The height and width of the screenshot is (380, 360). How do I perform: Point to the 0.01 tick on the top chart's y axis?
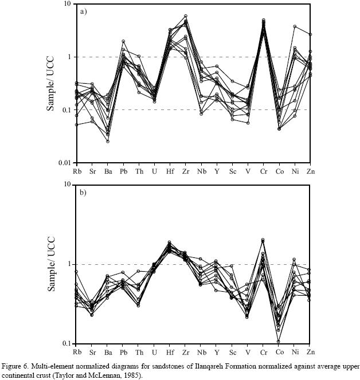(63, 163)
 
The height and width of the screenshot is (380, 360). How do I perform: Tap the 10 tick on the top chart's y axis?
(66, 4)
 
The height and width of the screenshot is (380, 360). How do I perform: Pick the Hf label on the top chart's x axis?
(170, 171)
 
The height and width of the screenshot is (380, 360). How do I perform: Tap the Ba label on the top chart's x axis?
(107, 171)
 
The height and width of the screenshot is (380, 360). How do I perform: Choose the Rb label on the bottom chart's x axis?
(76, 351)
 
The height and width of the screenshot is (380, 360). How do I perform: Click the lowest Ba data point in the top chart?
(107, 141)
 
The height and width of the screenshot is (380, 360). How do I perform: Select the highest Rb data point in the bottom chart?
(76, 272)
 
